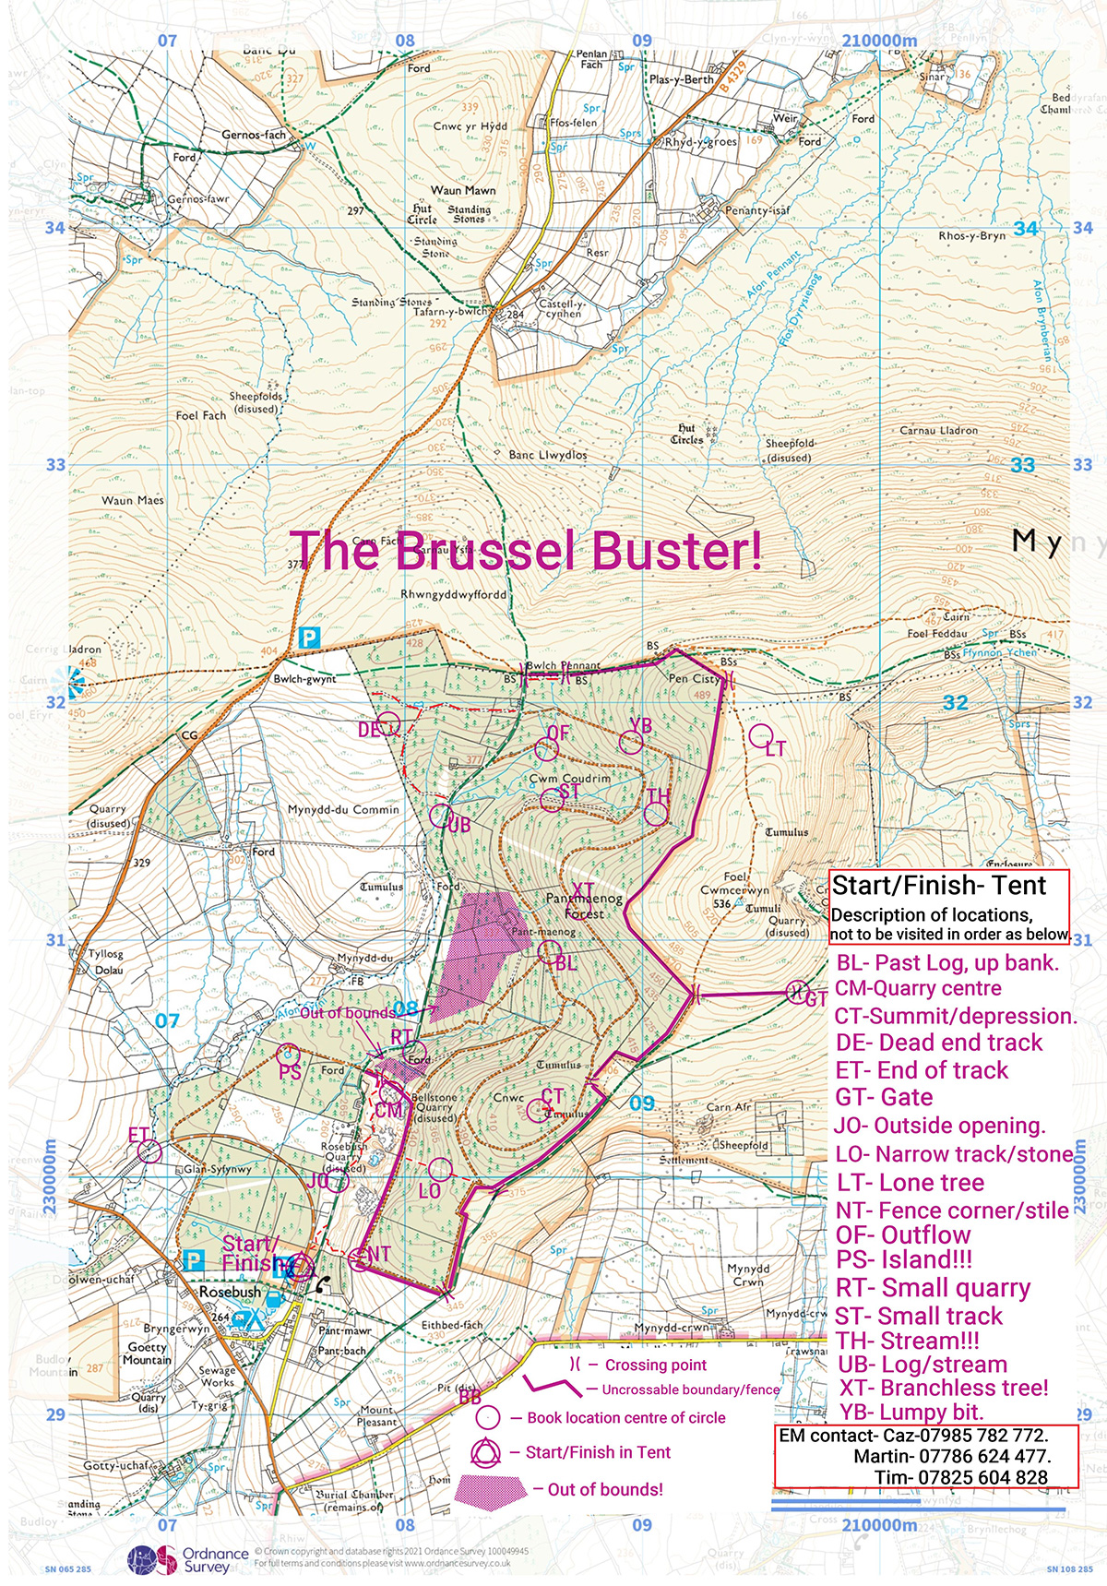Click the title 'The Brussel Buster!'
[x=526, y=551]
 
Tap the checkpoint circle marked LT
[x=760, y=735]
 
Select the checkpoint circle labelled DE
[x=387, y=722]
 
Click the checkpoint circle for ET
[x=150, y=1151]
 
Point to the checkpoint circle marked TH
[x=655, y=814]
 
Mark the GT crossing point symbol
[x=794, y=993]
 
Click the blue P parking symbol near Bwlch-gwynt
[x=310, y=638]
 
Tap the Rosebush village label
[x=230, y=1293]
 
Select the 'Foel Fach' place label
[x=201, y=415]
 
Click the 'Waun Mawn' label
[x=463, y=190]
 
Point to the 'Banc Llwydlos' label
[x=548, y=455]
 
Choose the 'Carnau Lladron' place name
[x=938, y=430]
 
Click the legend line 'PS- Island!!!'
[x=904, y=1260]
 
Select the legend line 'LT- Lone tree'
[x=910, y=1183]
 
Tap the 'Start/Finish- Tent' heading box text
[x=939, y=886]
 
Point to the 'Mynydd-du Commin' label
[x=343, y=809]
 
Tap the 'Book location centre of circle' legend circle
[x=487, y=1417]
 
